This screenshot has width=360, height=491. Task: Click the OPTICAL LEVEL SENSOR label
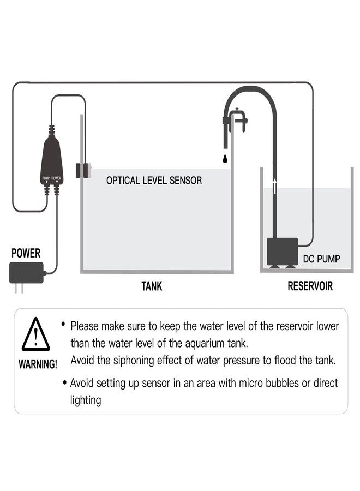tap(154, 180)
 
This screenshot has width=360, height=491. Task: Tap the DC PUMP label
tap(321, 259)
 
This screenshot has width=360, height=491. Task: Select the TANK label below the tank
tap(152, 286)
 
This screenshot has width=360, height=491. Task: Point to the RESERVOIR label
tap(310, 286)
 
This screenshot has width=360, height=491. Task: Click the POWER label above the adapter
tap(26, 253)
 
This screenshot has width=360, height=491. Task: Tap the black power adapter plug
tap(26, 273)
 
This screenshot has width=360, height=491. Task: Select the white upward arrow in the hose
tap(274, 186)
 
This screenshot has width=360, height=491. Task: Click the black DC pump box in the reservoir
tap(281, 252)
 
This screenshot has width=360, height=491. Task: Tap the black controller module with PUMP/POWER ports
tap(52, 162)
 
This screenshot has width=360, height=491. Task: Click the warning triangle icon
tap(36, 335)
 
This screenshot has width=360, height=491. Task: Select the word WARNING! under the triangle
tap(38, 364)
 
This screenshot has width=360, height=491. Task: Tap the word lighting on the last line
tap(86, 400)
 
